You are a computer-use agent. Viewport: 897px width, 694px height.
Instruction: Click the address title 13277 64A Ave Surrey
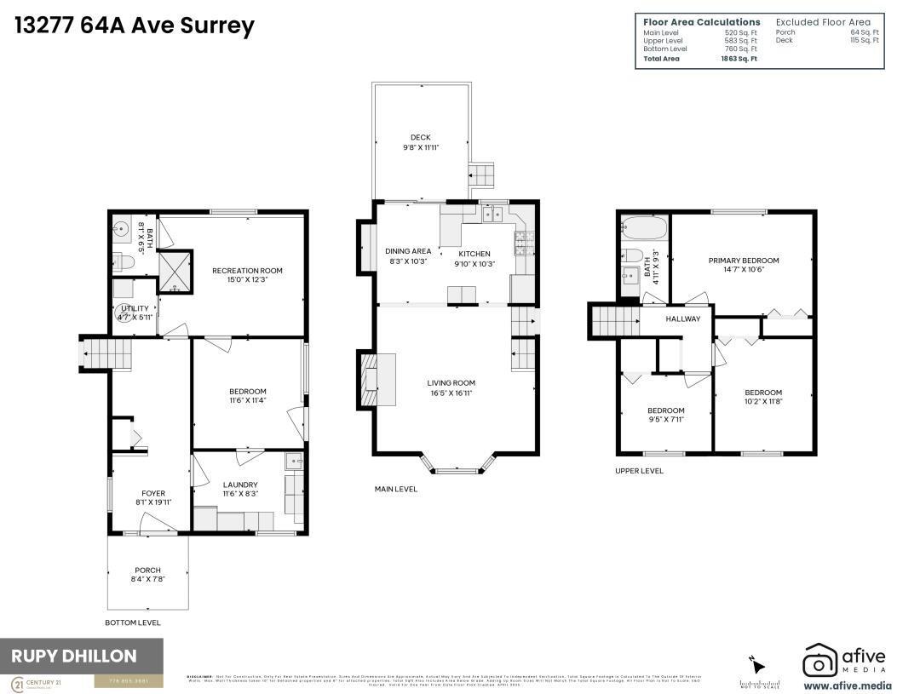click(x=135, y=26)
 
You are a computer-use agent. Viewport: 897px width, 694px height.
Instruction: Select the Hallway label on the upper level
click(x=683, y=319)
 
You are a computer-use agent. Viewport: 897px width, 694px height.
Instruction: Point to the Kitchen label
click(x=474, y=254)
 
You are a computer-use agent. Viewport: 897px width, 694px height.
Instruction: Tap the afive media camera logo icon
click(x=820, y=661)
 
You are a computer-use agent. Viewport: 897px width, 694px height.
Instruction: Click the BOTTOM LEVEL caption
click(x=132, y=622)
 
